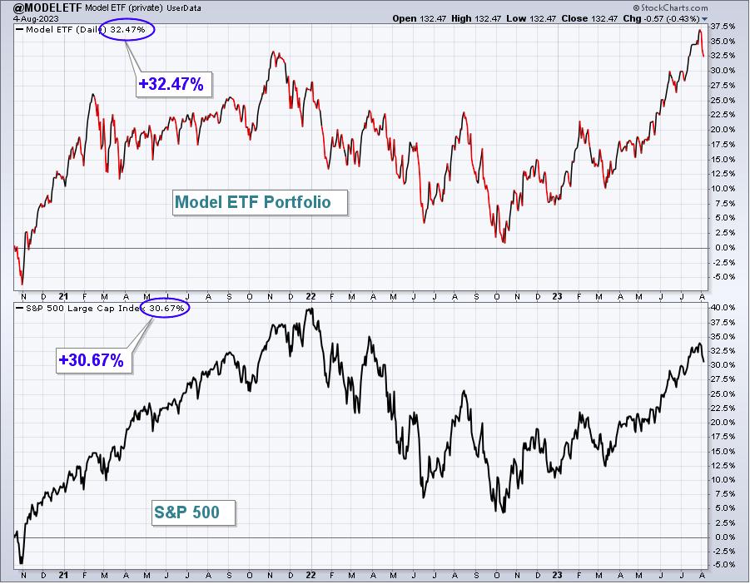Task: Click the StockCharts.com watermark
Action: coord(670,7)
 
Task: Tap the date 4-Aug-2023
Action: coord(36,18)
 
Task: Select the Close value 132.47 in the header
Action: coord(601,18)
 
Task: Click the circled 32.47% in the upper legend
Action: coord(127,30)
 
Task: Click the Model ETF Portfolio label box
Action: coord(260,202)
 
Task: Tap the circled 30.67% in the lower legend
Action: coord(166,309)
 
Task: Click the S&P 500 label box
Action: coord(193,512)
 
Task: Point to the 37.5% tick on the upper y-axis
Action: coord(723,27)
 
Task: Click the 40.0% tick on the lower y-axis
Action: coord(723,307)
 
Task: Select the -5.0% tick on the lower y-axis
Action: coord(723,564)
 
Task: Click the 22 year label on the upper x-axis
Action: coord(311,297)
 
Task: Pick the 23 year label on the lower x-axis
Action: coord(557,576)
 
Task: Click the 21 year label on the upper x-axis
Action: coord(63,297)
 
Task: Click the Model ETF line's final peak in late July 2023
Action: coord(700,30)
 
